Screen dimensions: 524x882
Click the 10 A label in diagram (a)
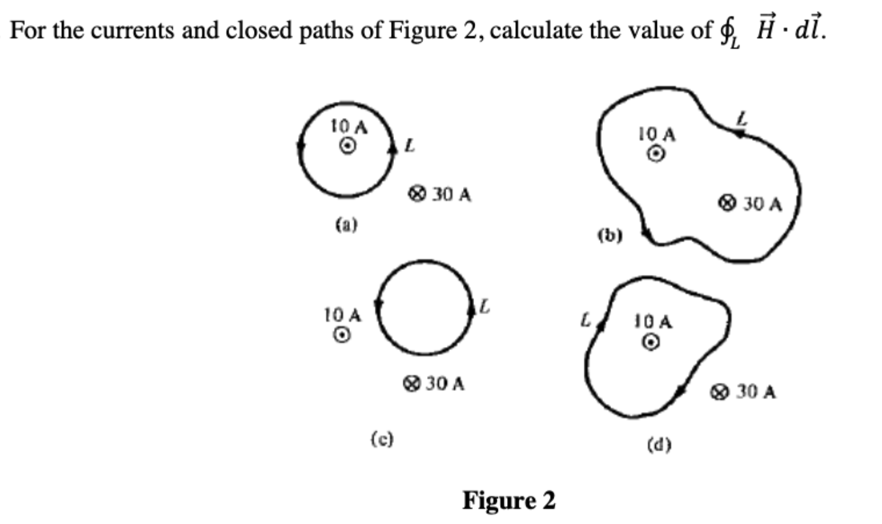[349, 126]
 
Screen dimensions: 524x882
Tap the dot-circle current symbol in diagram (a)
[347, 146]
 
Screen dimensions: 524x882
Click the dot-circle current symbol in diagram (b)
[656, 154]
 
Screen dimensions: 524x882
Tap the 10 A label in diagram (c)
[342, 315]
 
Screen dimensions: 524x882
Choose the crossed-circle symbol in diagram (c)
[411, 384]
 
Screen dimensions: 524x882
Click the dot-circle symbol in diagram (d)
[650, 343]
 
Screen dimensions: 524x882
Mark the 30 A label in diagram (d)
[756, 392]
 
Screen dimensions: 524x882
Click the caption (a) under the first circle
[346, 224]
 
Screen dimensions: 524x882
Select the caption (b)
[610, 235]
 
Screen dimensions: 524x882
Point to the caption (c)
[382, 439]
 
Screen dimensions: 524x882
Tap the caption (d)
[659, 445]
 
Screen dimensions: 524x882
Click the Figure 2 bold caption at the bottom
[508, 500]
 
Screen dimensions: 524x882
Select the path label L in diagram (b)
[742, 119]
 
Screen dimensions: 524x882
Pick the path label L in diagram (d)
[586, 320]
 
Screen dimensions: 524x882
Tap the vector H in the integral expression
[765, 29]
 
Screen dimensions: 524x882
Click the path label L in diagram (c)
[485, 306]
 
